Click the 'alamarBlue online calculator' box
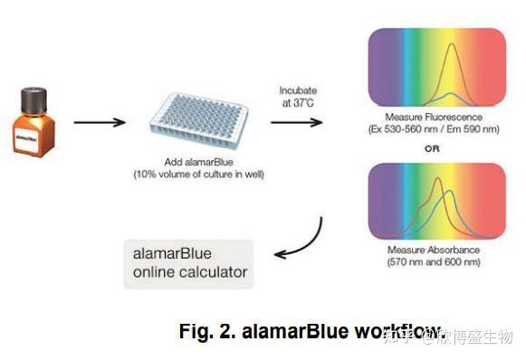pos(187,262)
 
